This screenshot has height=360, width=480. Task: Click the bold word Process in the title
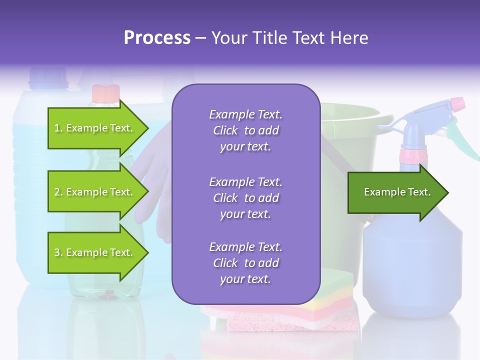[x=157, y=38]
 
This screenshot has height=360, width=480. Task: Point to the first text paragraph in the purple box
[x=245, y=130]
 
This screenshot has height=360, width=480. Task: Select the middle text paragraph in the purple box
[x=245, y=198]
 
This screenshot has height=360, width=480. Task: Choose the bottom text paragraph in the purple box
[x=245, y=263]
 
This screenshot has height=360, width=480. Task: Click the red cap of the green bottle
[x=105, y=92]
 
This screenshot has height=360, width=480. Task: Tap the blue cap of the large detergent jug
[x=48, y=76]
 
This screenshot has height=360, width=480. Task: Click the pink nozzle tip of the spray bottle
[x=457, y=104]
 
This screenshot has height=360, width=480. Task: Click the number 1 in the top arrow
[x=57, y=128]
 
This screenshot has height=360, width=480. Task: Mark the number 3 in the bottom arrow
[x=57, y=252]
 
